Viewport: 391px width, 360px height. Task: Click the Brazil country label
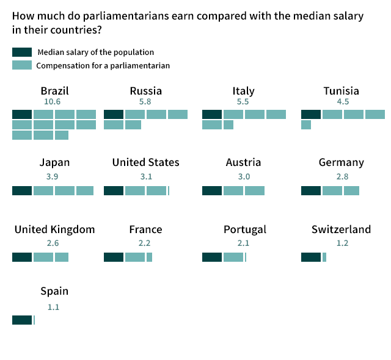pos(54,91)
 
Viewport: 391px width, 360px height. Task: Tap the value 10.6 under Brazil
pos(53,102)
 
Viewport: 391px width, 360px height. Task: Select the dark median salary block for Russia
pos(114,114)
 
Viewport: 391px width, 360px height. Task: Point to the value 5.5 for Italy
pos(243,102)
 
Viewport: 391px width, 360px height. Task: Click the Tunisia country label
pos(342,91)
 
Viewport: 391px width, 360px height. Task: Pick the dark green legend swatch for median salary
pos(22,52)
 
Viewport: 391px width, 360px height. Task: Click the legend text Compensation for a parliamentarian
pos(103,65)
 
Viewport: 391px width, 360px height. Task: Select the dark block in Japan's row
pos(22,190)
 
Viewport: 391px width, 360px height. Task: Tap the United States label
pos(146,162)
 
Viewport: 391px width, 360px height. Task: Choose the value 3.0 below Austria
pos(244,176)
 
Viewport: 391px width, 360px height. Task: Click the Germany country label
pos(342,162)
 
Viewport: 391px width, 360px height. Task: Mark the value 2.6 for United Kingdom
pos(53,243)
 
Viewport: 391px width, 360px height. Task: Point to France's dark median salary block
pos(114,257)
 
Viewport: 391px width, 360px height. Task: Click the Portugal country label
pos(245,229)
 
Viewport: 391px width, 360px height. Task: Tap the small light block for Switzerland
pos(324,257)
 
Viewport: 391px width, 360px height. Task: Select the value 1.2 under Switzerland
pos(342,243)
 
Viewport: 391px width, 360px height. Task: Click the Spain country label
pos(54,291)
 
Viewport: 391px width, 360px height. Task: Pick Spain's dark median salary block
pos(22,320)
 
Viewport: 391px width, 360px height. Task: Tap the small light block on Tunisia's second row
pos(306,124)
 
